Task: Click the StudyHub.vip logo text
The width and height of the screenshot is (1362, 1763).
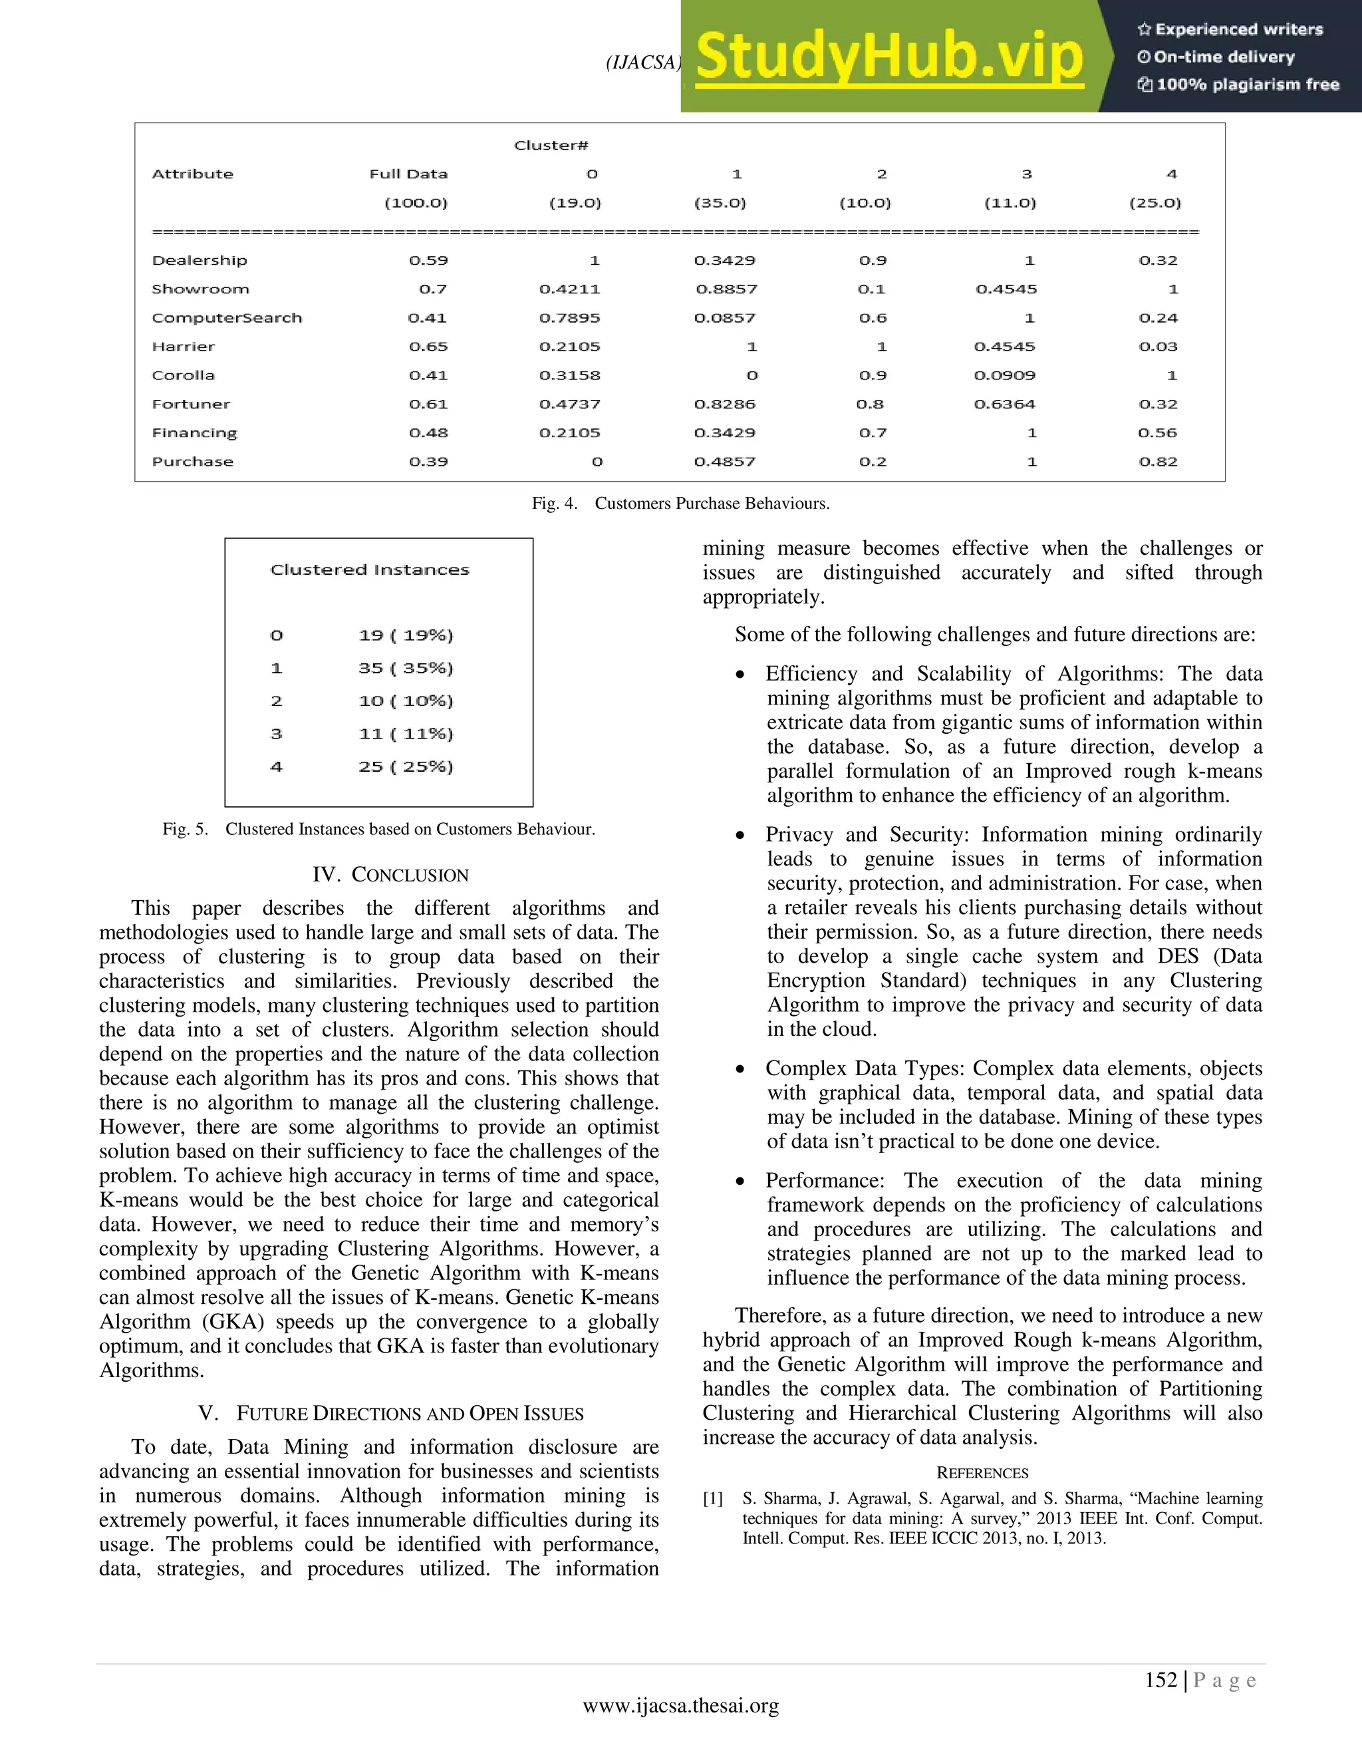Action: coord(888,57)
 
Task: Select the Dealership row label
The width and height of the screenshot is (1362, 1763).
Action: coord(200,260)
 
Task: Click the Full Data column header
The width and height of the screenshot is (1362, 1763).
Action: coord(408,174)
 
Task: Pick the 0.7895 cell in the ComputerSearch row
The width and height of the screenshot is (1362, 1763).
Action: coord(570,318)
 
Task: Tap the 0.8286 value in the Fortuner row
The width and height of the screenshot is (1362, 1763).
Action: coord(725,404)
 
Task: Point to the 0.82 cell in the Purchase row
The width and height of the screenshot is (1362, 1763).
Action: coord(1158,462)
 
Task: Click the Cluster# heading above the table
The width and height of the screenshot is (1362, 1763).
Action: coord(551,145)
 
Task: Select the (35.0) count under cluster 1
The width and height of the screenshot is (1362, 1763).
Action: coord(720,203)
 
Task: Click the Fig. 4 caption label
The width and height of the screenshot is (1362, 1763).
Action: coord(555,504)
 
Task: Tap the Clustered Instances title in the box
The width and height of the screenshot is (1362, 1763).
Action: coord(370,570)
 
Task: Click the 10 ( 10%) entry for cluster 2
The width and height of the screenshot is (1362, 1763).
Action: coord(406,701)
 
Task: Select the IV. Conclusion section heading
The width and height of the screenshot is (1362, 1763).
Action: coord(390,875)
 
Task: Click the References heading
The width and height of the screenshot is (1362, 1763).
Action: coord(982,1473)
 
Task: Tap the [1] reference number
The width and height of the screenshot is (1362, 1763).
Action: coord(712,1499)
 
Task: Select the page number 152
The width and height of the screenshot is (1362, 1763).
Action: coord(1160,1680)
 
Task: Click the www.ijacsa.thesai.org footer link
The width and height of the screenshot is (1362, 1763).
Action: coord(680,1706)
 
